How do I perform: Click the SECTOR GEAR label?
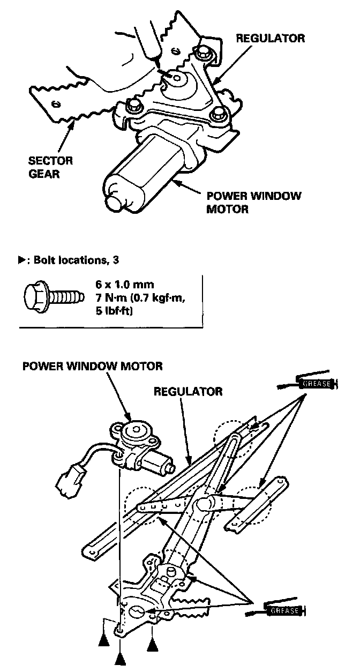pos(51,166)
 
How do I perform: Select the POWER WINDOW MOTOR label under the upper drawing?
pos(253,202)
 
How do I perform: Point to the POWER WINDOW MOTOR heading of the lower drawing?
pos(92,367)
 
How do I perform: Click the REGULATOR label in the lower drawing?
pos(187,392)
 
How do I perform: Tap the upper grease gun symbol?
pos(316,384)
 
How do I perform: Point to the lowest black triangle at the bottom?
pos(121,658)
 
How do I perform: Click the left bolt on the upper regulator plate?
pos(133,103)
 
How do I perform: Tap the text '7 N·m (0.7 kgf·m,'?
pos(140,297)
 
